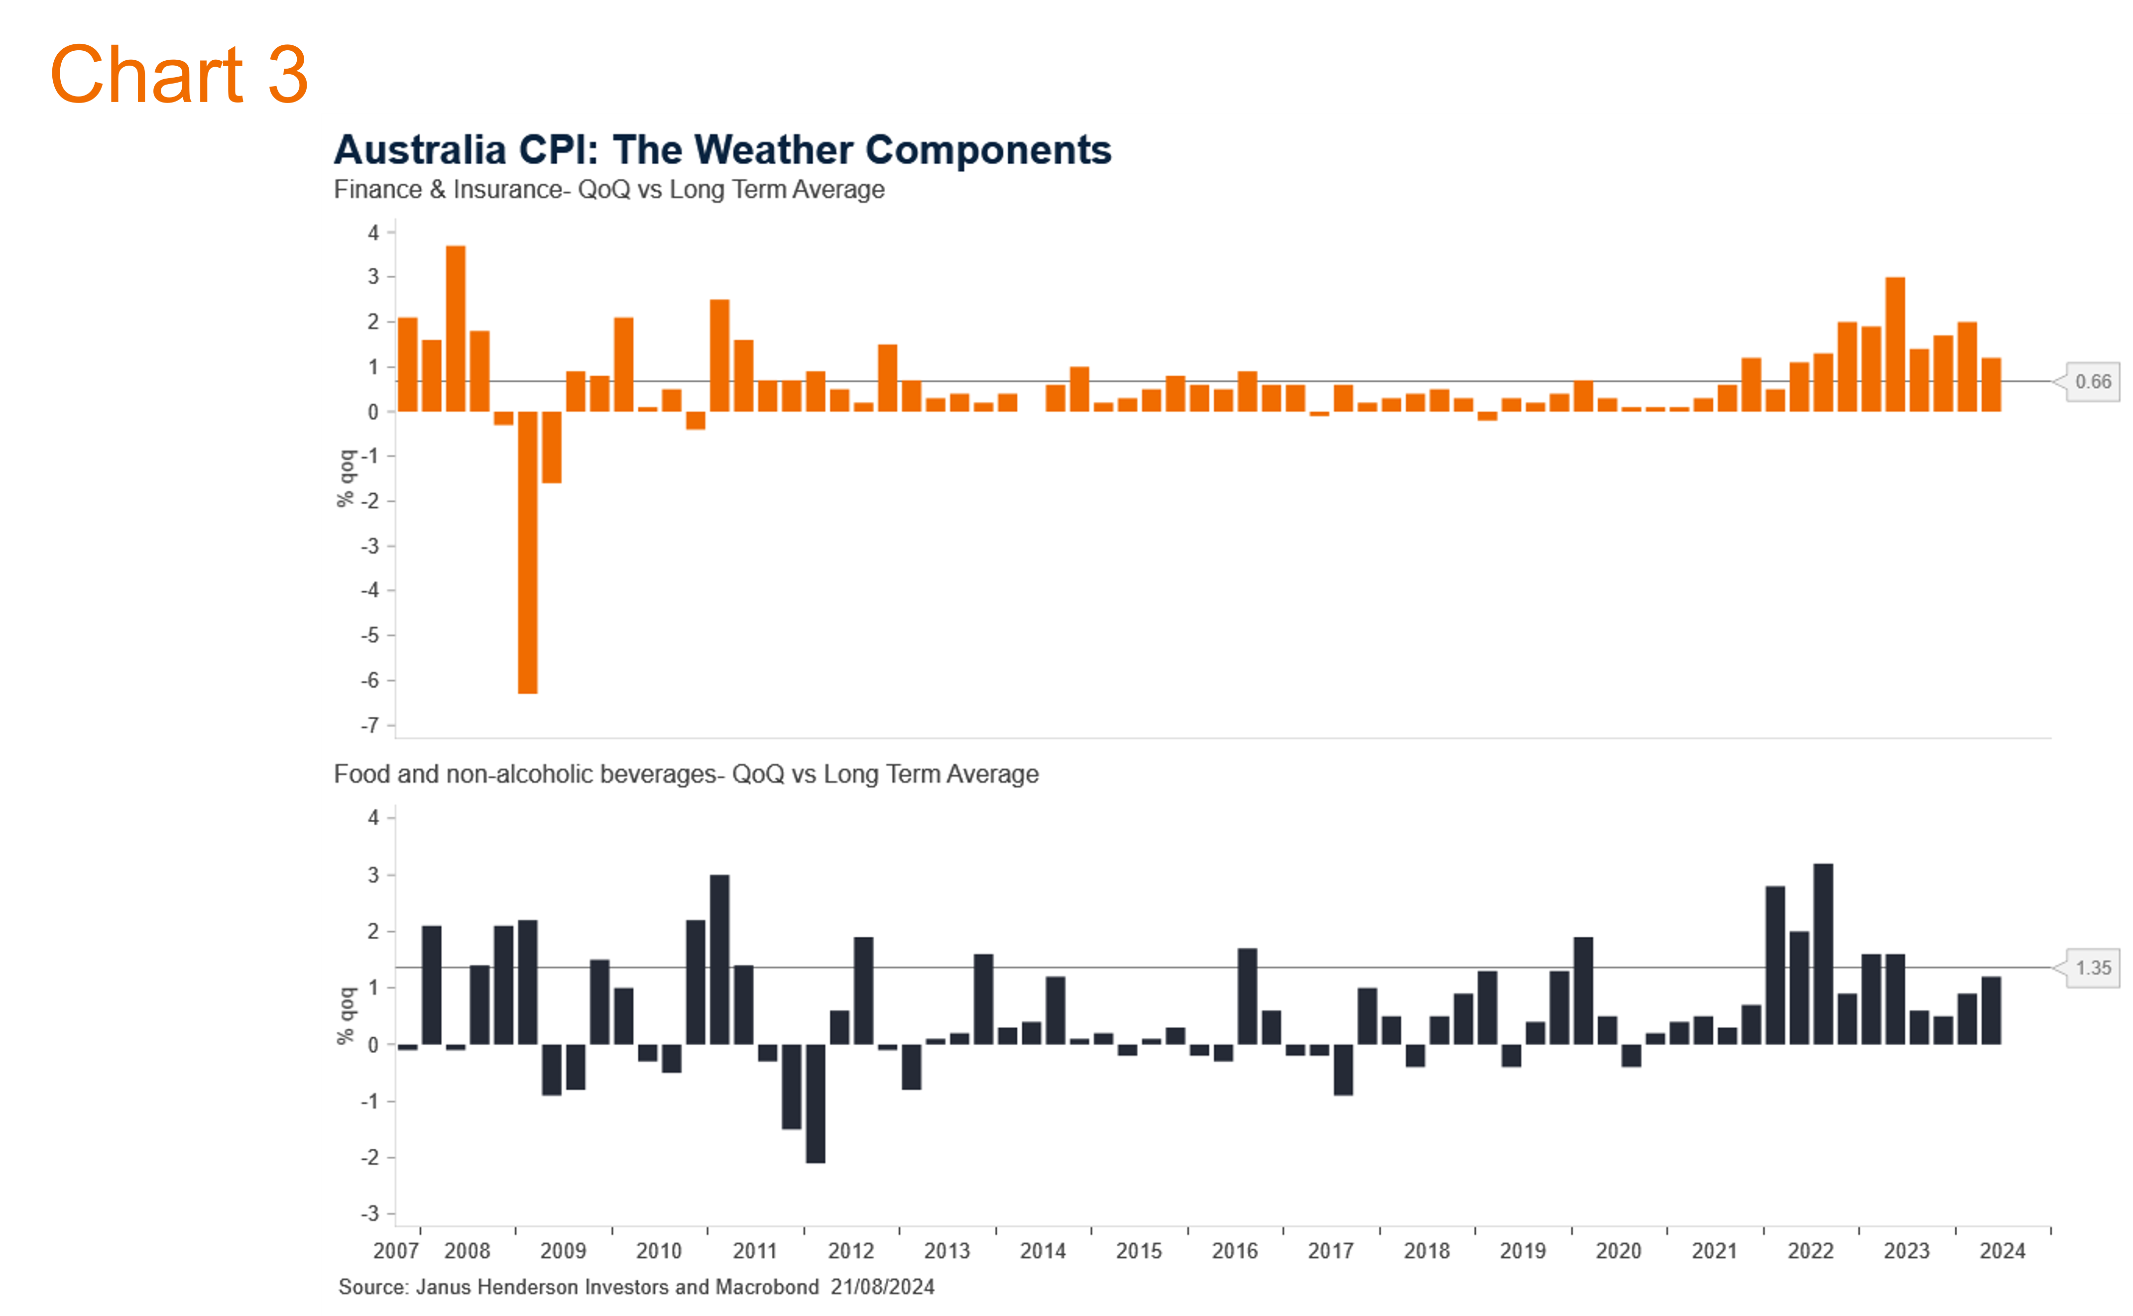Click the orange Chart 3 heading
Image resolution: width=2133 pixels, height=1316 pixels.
(178, 75)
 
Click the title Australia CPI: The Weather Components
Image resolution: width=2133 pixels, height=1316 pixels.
(722, 150)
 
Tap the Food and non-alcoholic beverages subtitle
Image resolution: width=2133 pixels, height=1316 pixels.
(686, 774)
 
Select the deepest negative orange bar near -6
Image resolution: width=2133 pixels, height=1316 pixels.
(528, 552)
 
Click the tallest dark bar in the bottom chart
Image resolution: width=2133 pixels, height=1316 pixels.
(1823, 953)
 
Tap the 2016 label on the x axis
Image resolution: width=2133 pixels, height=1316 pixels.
(1234, 1251)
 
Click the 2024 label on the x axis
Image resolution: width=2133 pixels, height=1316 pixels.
(2003, 1251)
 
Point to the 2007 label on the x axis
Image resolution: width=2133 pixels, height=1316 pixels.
(396, 1251)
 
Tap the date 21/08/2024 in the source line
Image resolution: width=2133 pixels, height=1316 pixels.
(882, 1287)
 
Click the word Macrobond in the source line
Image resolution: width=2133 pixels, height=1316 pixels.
(767, 1287)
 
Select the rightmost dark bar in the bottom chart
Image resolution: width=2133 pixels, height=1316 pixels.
(1991, 1009)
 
